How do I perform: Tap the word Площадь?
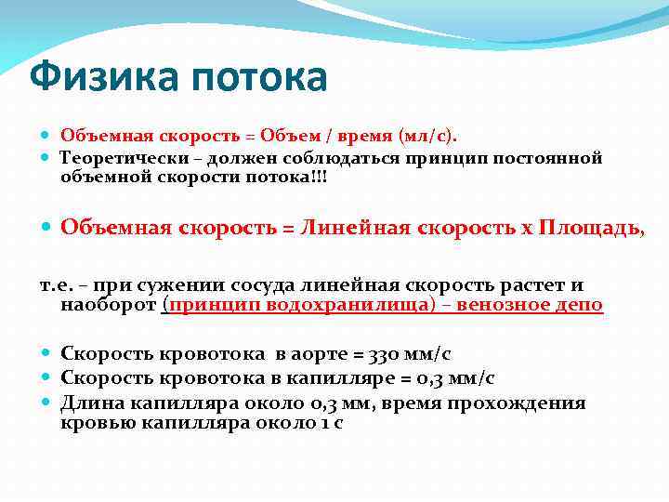pos(591,229)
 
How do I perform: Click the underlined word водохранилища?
pos(308,305)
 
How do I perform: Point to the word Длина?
pos(90,403)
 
